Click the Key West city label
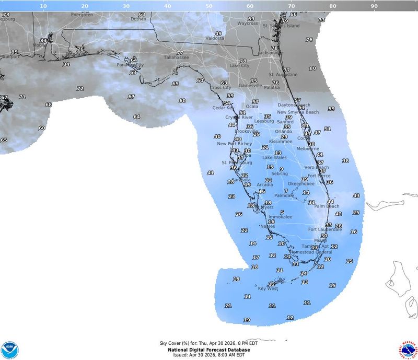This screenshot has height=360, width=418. tap(268, 288)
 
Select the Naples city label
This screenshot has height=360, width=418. tap(268, 226)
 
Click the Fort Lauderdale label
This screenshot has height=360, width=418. tap(325, 229)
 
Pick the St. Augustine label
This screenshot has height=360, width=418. tap(283, 75)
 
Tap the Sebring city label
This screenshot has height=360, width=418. tap(279, 174)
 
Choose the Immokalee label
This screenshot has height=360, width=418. tap(280, 217)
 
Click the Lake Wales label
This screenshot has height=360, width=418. tap(274, 157)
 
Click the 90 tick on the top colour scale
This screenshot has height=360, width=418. tap(374, 6)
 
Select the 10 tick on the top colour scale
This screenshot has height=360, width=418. tap(43, 6)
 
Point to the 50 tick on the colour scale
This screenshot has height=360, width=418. tap(208, 6)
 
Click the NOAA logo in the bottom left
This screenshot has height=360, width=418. tap(9, 350)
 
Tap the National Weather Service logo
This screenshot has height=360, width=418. tap(409, 350)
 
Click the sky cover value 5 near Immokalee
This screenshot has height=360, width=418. tap(282, 212)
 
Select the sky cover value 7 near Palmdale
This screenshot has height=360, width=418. tap(286, 191)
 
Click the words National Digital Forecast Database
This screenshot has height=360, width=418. tap(209, 350)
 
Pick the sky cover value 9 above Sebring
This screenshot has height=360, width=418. tap(281, 169)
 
